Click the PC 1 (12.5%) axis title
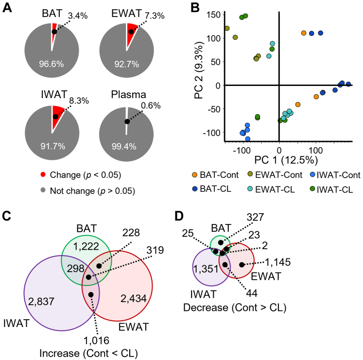click(x=279, y=159)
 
